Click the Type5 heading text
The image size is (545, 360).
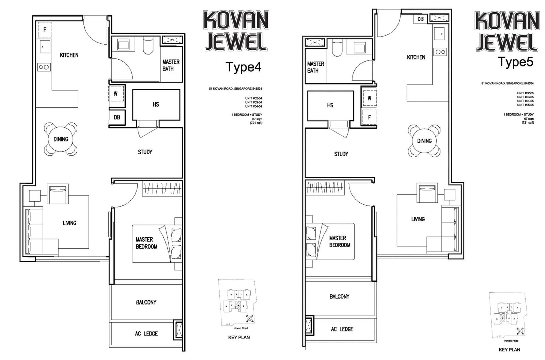[515, 62]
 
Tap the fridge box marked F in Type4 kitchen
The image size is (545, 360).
[45, 30]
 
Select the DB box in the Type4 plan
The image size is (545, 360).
[117, 117]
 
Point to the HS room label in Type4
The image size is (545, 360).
[156, 105]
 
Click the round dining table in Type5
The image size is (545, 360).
[424, 141]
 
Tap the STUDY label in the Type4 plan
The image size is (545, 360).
[145, 152]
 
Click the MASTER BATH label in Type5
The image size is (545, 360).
[315, 67]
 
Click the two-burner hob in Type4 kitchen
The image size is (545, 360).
[44, 67]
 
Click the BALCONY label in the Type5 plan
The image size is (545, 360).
[339, 297]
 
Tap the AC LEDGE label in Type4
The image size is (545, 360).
[146, 333]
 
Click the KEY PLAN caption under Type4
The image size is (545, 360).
[239, 337]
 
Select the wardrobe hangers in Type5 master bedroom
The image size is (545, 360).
[324, 187]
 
